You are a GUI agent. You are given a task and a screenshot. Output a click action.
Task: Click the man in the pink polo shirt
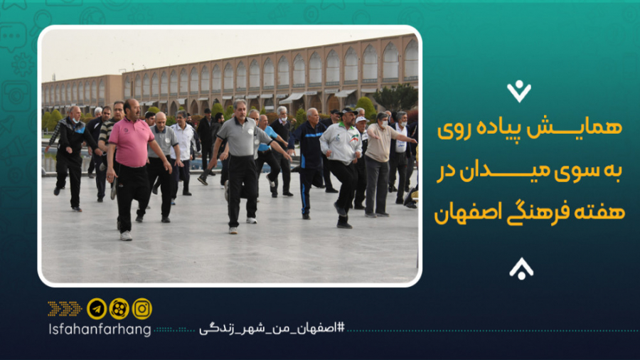pos(132,153)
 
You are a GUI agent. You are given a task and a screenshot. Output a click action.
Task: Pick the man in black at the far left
pos(70,153)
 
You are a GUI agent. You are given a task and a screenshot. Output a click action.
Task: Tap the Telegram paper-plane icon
pos(97,308)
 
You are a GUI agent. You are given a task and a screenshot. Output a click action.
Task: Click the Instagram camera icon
pos(142,308)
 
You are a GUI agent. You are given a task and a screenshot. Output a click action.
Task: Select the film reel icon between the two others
pos(119,308)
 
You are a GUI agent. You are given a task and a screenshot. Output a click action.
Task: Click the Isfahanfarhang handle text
pos(100,329)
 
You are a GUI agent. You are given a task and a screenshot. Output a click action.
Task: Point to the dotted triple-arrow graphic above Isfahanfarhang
pos(65,308)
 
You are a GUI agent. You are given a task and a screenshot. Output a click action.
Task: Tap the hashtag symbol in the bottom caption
pos(340,329)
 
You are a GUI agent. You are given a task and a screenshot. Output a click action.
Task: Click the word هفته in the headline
pos(599,211)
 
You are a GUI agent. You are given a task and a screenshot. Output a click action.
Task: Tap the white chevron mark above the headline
pos(520,90)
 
